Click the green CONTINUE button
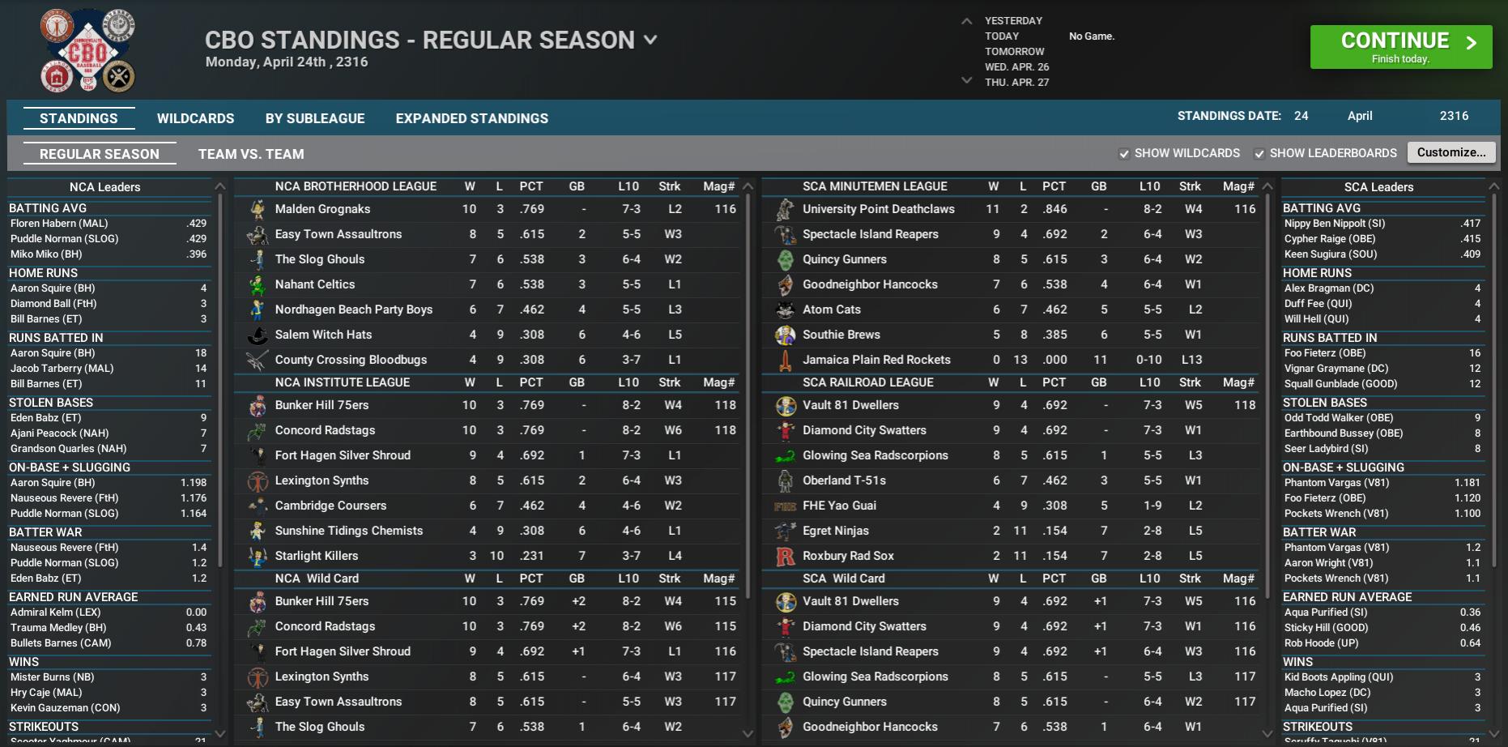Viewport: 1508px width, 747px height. point(1400,47)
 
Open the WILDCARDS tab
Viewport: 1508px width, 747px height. point(195,118)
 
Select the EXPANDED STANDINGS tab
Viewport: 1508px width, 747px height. point(471,118)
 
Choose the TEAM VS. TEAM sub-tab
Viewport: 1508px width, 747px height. point(251,154)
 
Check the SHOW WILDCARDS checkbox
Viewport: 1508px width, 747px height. point(1124,154)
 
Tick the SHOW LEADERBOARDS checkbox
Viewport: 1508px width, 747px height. point(1259,154)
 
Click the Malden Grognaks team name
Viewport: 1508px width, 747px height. point(322,209)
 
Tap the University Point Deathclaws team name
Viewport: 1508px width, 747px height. point(878,209)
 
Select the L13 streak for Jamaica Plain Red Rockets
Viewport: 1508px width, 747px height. point(1191,360)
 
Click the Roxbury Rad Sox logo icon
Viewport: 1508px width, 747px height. point(785,556)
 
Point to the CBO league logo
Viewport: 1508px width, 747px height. point(87,50)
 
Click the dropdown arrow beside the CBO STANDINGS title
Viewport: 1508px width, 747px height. point(650,39)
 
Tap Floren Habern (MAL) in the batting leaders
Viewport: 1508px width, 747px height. point(59,224)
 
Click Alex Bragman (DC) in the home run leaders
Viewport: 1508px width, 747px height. point(1328,288)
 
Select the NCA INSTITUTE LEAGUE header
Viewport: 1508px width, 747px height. point(342,382)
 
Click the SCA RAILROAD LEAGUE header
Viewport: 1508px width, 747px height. point(867,382)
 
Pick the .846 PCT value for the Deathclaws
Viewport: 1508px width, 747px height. point(1054,209)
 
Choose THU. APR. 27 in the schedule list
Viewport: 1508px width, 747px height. point(1016,83)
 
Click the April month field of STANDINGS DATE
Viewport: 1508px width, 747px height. point(1360,116)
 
